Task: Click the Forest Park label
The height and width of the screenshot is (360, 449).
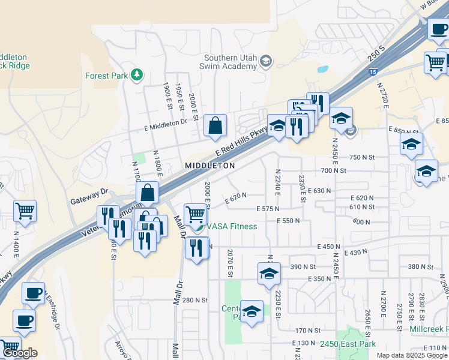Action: tap(107, 76)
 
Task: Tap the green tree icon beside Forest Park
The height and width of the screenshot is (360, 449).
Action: tap(138, 74)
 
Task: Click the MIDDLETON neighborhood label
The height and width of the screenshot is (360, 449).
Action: tap(209, 165)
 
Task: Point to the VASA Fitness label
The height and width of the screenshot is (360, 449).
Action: tap(232, 226)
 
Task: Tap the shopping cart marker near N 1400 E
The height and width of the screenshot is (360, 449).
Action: tap(25, 211)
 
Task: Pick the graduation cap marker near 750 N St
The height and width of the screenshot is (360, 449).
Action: tap(411, 144)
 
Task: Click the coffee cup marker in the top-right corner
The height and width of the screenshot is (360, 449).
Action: tap(438, 28)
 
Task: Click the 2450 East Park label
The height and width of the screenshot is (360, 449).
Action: tap(348, 344)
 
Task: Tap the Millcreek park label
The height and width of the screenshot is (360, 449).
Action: tap(429, 329)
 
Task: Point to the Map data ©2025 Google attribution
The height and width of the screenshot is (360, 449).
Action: tap(411, 355)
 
